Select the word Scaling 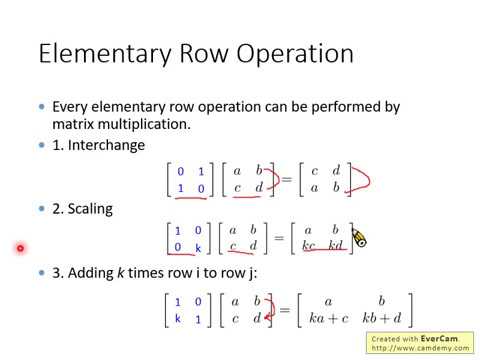coord(90,209)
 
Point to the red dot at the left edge coord(19,248)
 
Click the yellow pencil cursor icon coord(359,238)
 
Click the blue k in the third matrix coord(177,317)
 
